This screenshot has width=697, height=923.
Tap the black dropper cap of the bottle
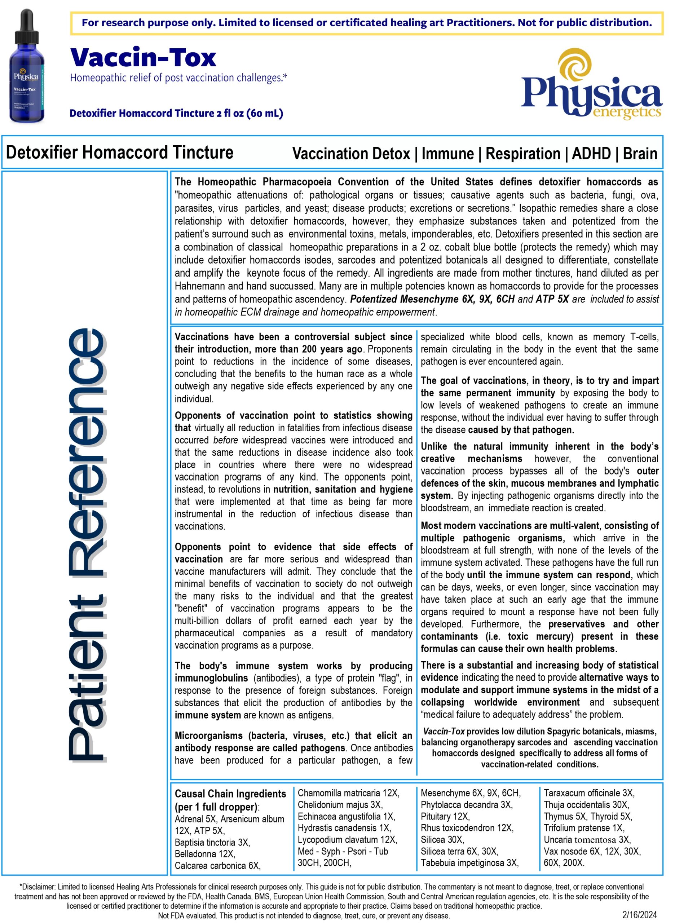(26, 25)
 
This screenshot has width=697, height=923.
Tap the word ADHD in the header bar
(591, 154)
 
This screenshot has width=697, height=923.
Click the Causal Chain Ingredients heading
(230, 794)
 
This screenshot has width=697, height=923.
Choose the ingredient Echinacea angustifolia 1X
(346, 816)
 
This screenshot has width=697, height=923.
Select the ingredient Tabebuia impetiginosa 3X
(469, 862)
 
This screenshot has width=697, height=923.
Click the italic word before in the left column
(225, 440)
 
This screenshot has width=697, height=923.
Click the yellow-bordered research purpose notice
(366, 22)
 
